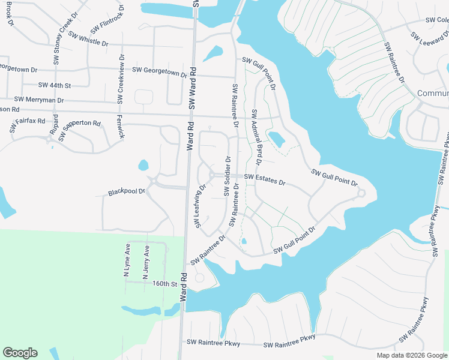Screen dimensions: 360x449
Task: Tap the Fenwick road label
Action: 121,127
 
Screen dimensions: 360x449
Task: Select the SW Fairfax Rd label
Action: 28,125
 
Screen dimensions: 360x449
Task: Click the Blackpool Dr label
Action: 127,193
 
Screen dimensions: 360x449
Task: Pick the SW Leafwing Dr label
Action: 199,206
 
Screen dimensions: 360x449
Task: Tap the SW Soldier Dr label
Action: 228,176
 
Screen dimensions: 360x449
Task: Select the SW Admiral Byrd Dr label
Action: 257,137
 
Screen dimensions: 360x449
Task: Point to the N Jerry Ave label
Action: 145,262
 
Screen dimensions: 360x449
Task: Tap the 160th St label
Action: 166,283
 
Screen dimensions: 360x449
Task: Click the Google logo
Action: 20,352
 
